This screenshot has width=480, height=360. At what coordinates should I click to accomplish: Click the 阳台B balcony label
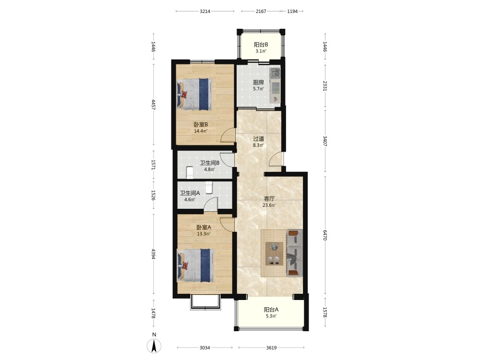click(x=261, y=44)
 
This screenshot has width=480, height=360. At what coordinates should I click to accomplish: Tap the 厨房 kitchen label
click(x=258, y=83)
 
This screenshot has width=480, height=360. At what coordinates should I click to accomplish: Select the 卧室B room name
click(x=201, y=125)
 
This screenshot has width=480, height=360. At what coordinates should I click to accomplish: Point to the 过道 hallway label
click(x=258, y=139)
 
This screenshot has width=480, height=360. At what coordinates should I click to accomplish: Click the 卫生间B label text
click(x=210, y=163)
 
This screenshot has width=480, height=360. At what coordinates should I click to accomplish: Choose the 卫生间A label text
click(x=190, y=193)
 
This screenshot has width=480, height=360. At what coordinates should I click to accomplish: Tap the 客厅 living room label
click(x=269, y=199)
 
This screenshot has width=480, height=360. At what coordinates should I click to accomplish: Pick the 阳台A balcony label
click(x=271, y=310)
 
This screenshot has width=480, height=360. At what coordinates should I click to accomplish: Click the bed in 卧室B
click(x=194, y=94)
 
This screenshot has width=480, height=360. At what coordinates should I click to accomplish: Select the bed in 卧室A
click(x=195, y=265)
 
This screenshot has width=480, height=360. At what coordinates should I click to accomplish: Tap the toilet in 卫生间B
click(x=190, y=172)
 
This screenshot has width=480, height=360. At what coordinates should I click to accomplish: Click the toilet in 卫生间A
click(x=209, y=187)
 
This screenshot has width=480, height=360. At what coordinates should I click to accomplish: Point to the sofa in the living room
click(x=294, y=253)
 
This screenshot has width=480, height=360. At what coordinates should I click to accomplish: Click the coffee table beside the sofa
click(x=274, y=253)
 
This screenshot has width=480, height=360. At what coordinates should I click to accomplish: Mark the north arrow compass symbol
click(x=154, y=346)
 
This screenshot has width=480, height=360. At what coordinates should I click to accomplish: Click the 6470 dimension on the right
click(x=325, y=235)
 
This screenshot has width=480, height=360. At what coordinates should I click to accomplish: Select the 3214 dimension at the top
click(x=205, y=12)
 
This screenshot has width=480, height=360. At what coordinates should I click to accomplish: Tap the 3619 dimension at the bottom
click(x=271, y=348)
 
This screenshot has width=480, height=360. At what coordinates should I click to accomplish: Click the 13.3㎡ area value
click(x=204, y=234)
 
